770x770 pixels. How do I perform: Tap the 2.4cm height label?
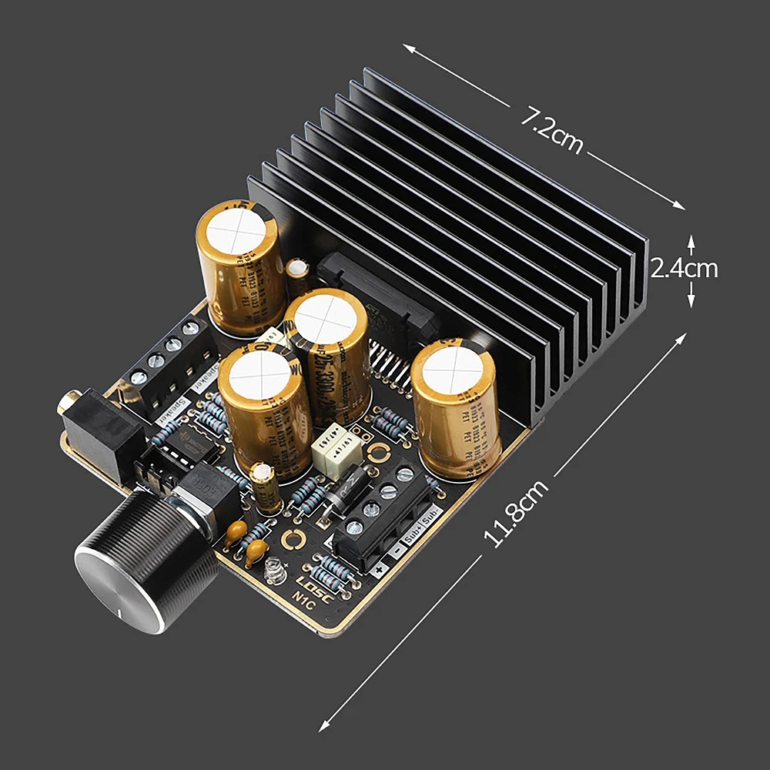pos(684,269)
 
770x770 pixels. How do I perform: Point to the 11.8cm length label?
pos(517,514)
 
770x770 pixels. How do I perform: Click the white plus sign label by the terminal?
pos(379,570)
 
